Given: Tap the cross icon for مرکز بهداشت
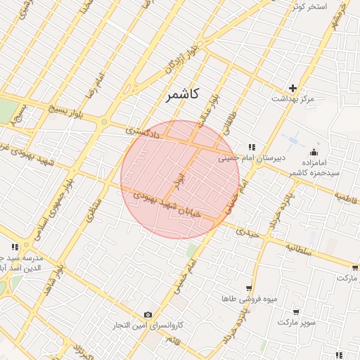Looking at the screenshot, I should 292,88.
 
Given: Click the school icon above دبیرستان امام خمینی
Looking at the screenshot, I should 251,147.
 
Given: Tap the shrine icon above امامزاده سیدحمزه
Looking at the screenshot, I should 314,152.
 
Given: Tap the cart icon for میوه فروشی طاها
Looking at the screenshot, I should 249,288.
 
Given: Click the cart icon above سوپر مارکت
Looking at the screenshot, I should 296,311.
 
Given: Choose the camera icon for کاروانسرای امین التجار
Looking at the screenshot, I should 148,314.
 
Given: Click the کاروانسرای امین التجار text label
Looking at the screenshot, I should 150,326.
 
